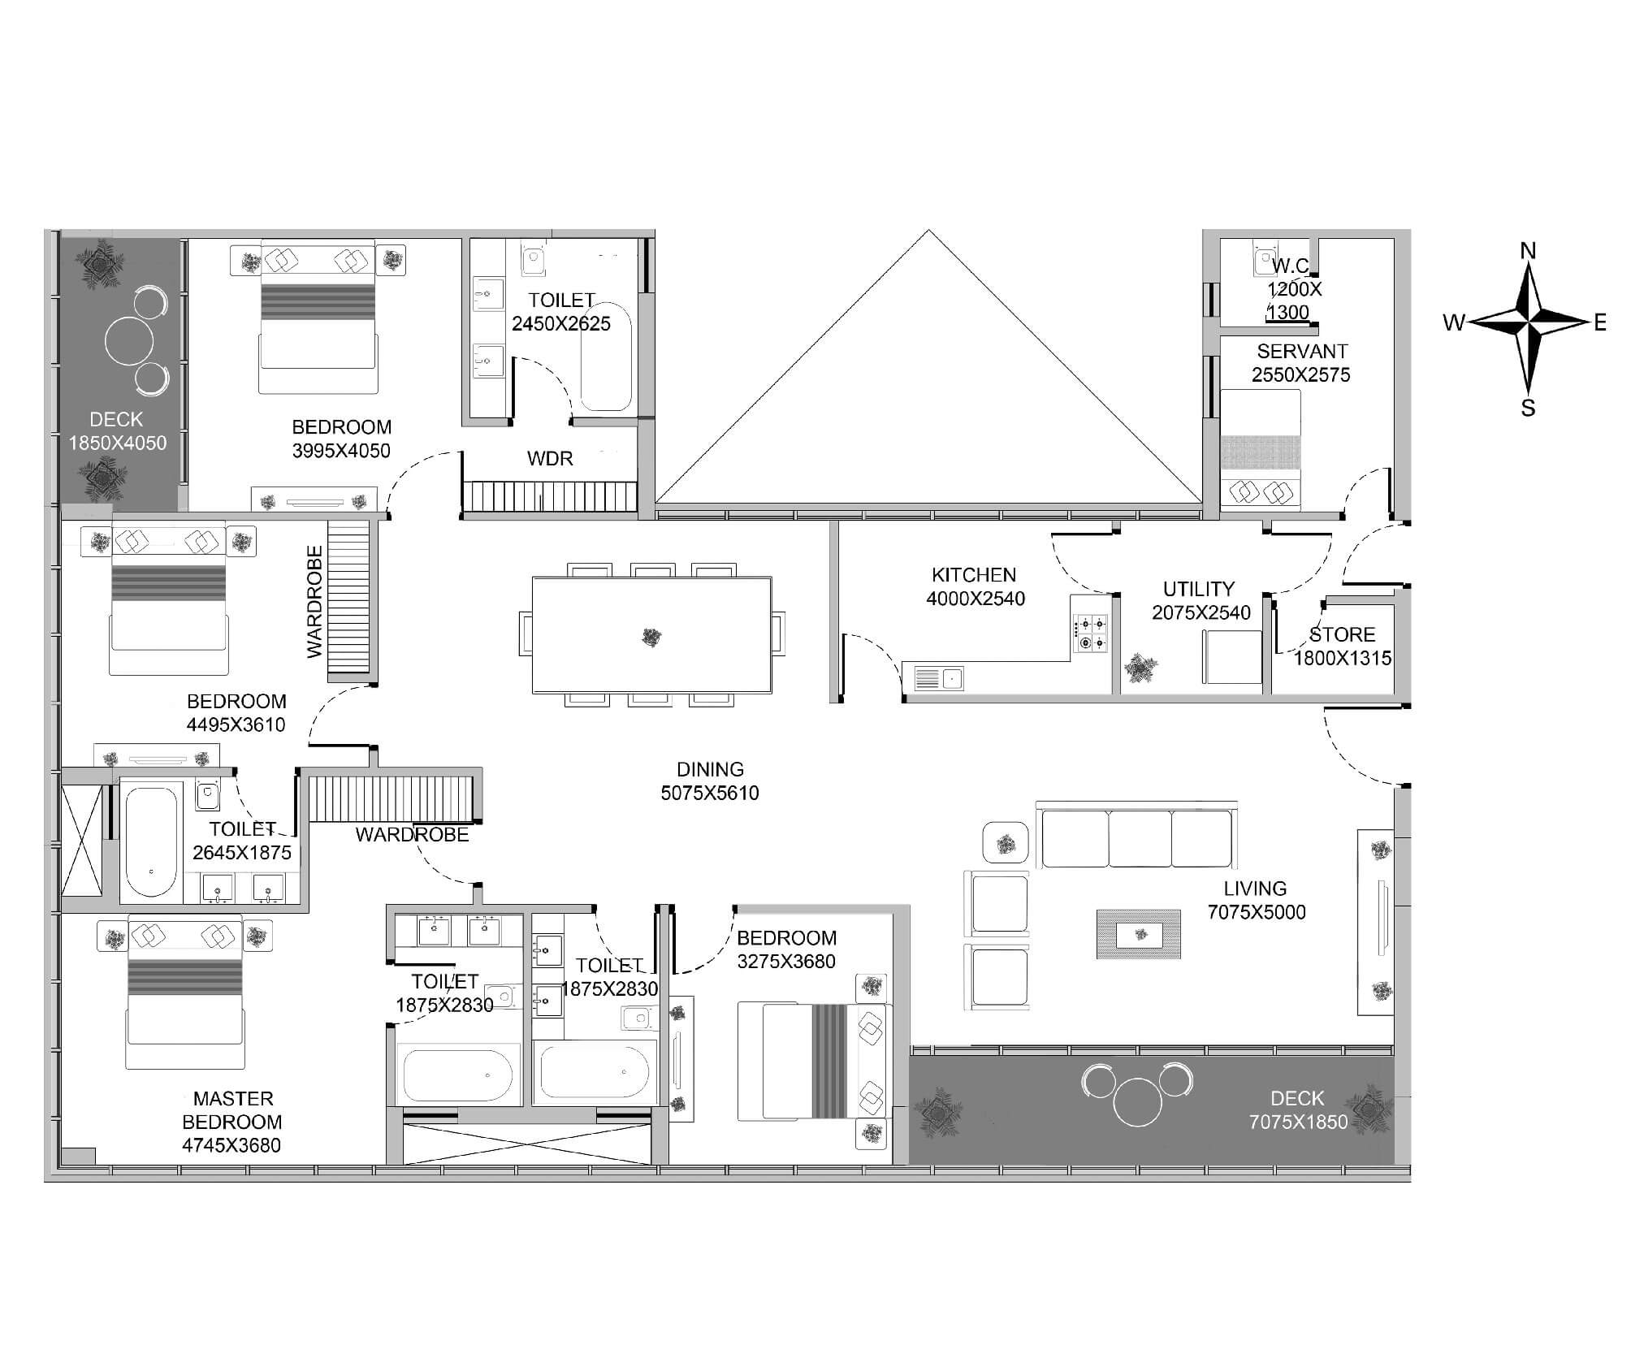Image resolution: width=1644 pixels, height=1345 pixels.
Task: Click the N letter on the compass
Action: click(x=1528, y=251)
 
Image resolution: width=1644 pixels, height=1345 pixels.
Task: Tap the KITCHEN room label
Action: click(x=974, y=575)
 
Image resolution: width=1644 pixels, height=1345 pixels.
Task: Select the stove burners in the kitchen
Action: click(x=1090, y=634)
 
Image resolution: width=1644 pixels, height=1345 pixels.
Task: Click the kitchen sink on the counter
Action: click(x=938, y=678)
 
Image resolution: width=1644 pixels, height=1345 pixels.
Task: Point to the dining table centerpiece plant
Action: click(x=651, y=637)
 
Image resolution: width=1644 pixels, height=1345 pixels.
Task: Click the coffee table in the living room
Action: click(x=1138, y=934)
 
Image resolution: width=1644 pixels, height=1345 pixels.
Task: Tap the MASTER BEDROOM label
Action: click(x=232, y=1110)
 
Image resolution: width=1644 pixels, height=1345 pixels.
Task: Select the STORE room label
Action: click(x=1342, y=635)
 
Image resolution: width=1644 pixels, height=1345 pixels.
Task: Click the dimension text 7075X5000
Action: click(x=1257, y=912)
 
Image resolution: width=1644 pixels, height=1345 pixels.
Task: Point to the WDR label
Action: click(x=550, y=459)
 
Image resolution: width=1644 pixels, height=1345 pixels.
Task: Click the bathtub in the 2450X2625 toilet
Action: click(x=606, y=357)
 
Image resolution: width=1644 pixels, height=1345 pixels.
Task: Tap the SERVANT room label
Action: click(x=1302, y=352)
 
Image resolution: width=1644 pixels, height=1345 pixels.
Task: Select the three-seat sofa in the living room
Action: click(x=1136, y=835)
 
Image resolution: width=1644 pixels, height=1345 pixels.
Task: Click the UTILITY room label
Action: click(x=1199, y=589)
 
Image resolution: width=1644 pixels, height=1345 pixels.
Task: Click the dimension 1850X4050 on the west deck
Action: click(x=118, y=443)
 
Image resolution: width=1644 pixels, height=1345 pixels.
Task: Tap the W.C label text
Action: click(x=1291, y=266)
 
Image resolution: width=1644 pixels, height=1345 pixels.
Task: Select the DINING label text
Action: click(x=710, y=769)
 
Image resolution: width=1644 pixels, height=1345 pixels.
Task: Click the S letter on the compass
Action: click(x=1528, y=409)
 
